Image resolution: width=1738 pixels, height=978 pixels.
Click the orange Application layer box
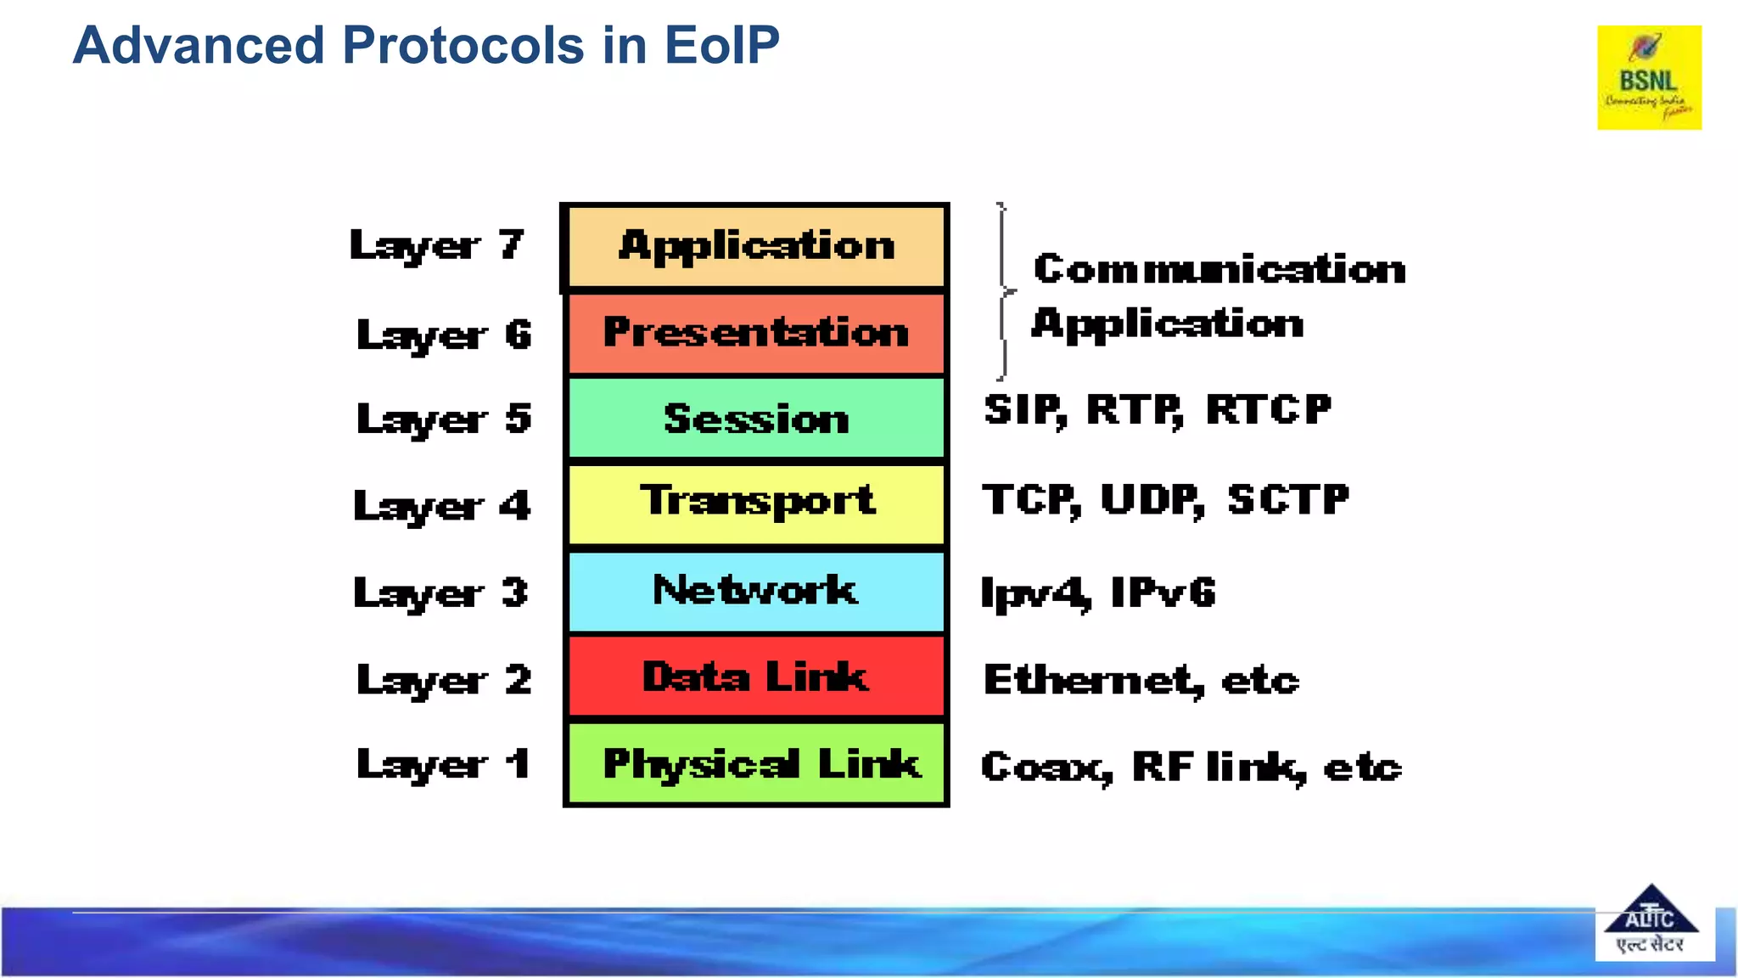755,247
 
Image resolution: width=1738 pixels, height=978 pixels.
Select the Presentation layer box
755,333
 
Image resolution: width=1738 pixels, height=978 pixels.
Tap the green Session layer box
755,419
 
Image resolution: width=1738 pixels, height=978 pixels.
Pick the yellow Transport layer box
755,503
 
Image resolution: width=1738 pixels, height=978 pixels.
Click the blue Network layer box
755,591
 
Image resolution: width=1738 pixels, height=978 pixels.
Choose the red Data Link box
755,677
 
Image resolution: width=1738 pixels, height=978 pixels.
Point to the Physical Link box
755,763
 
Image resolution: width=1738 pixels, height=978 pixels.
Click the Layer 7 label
437,245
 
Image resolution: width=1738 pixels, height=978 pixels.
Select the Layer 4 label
441,506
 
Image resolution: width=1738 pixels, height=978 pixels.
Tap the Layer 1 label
443,764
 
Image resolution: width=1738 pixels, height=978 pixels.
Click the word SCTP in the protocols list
1287,499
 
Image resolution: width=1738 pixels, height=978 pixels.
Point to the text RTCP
1269,410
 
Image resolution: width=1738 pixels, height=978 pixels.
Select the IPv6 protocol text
1163,592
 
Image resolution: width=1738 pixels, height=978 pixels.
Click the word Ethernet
1091,680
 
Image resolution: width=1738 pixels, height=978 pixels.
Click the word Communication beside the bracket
1219,269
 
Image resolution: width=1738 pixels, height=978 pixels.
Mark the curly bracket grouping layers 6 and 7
1004,291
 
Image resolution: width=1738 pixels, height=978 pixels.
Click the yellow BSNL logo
1649,77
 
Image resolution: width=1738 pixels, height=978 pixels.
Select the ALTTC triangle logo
1651,922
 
